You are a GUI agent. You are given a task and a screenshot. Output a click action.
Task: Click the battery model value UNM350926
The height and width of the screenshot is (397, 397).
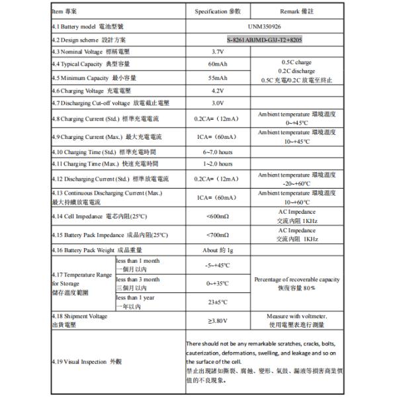(265, 27)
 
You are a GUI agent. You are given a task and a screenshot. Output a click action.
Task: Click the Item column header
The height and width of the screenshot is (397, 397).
(66, 12)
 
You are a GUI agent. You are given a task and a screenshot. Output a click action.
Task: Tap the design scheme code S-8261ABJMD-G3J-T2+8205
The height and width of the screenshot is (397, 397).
(265, 40)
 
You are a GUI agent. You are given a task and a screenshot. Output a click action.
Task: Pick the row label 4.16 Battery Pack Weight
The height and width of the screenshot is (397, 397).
(97, 251)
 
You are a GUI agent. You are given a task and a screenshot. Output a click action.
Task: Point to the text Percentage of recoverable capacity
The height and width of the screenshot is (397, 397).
(296, 279)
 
